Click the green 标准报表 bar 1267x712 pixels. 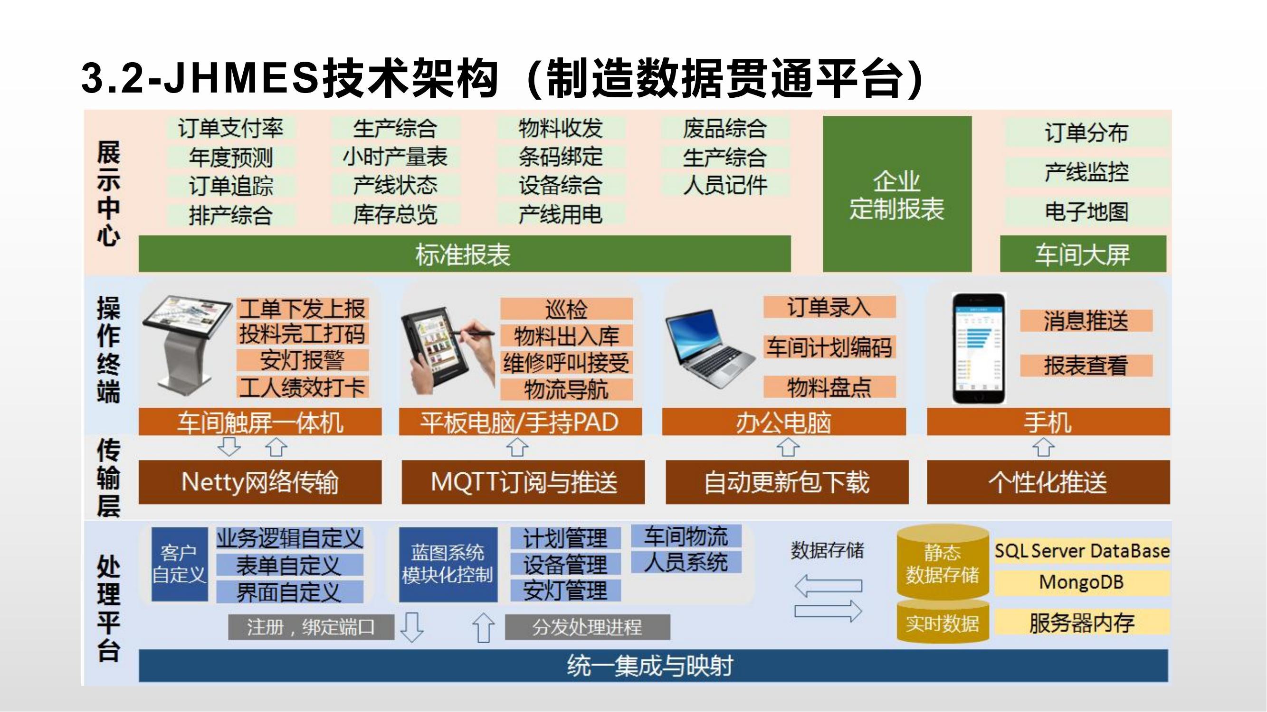tap(464, 253)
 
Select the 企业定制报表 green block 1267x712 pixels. tap(897, 194)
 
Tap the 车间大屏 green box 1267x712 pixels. tap(1083, 253)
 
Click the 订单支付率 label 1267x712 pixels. tap(231, 129)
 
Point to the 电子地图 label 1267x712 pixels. tap(1086, 212)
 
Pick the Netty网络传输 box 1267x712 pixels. tap(260, 482)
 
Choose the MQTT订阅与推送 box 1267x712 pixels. tap(523, 482)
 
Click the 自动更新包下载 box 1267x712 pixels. tap(787, 482)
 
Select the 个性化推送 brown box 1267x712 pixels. tap(1048, 482)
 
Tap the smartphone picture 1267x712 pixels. tap(978, 348)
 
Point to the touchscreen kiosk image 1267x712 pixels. tap(186, 347)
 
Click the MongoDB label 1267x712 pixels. tap(1082, 582)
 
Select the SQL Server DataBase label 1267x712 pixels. tap(1082, 551)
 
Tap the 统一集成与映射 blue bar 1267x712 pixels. tap(653, 665)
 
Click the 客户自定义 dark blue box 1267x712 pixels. tap(180, 564)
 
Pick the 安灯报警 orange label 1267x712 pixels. tap(303, 360)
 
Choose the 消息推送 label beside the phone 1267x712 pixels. tap(1086, 321)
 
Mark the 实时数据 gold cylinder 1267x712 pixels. tap(943, 622)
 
